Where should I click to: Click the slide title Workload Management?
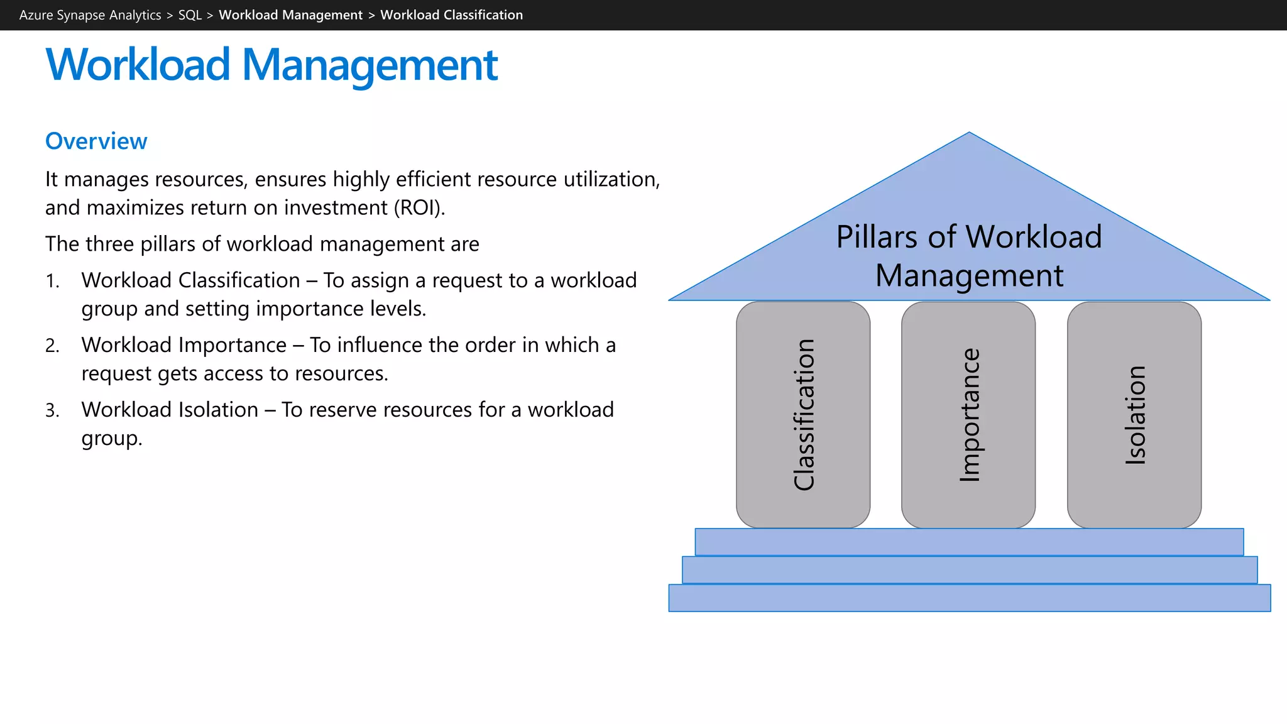[271, 65]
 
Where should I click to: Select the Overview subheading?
[96, 141]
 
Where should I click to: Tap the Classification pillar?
[803, 415]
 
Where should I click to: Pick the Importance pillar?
[968, 415]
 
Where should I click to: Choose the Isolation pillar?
[1134, 415]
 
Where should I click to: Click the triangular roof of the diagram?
[969, 189]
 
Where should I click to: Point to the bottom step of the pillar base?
[969, 598]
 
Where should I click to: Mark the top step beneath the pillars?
[969, 542]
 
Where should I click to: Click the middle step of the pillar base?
[969, 570]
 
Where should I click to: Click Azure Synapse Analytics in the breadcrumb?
[90, 15]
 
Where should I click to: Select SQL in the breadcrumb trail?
[190, 15]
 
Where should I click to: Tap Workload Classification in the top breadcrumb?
[451, 15]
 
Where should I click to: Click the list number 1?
[52, 281]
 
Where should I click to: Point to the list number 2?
[52, 346]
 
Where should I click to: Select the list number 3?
[52, 410]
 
